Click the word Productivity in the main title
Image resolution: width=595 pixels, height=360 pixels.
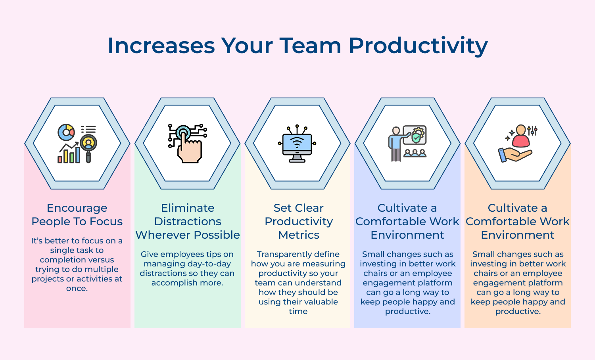418,46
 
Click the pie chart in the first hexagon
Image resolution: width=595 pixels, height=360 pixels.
66,132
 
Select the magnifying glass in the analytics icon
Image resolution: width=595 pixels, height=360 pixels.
88,146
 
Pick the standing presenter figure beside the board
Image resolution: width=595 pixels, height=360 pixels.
395,144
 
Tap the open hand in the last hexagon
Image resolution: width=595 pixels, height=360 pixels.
514,155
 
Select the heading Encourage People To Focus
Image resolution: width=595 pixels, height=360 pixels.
77,214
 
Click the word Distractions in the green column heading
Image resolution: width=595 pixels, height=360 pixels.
188,221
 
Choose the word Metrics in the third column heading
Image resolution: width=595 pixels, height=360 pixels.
298,235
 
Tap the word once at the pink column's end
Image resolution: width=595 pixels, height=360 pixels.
77,288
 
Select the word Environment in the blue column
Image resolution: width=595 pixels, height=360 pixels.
407,235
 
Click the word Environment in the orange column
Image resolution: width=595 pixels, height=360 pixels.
517,235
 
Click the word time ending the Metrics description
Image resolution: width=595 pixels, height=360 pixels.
298,311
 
